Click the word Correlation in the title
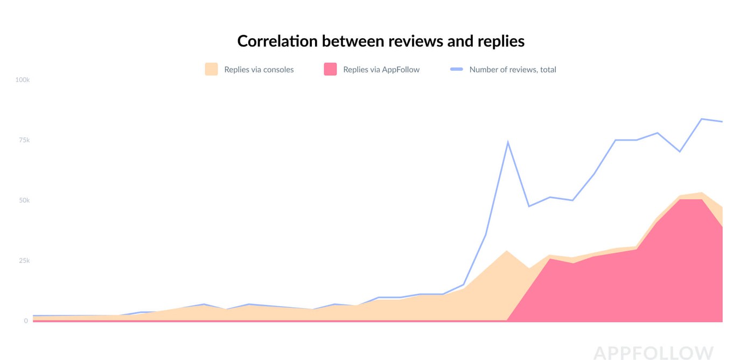click(277, 41)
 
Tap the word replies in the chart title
click(501, 41)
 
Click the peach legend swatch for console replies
click(211, 69)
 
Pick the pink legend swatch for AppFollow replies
click(330, 69)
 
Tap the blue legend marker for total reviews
click(457, 69)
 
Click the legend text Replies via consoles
click(259, 70)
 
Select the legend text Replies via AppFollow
click(381, 70)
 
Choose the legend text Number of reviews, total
click(513, 70)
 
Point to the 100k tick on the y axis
click(22, 80)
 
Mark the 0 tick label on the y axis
click(26, 321)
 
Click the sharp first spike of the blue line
click(508, 142)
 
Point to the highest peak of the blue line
click(702, 119)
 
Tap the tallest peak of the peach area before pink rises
click(507, 251)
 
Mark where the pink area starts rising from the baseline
click(507, 320)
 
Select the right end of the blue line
click(722, 122)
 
